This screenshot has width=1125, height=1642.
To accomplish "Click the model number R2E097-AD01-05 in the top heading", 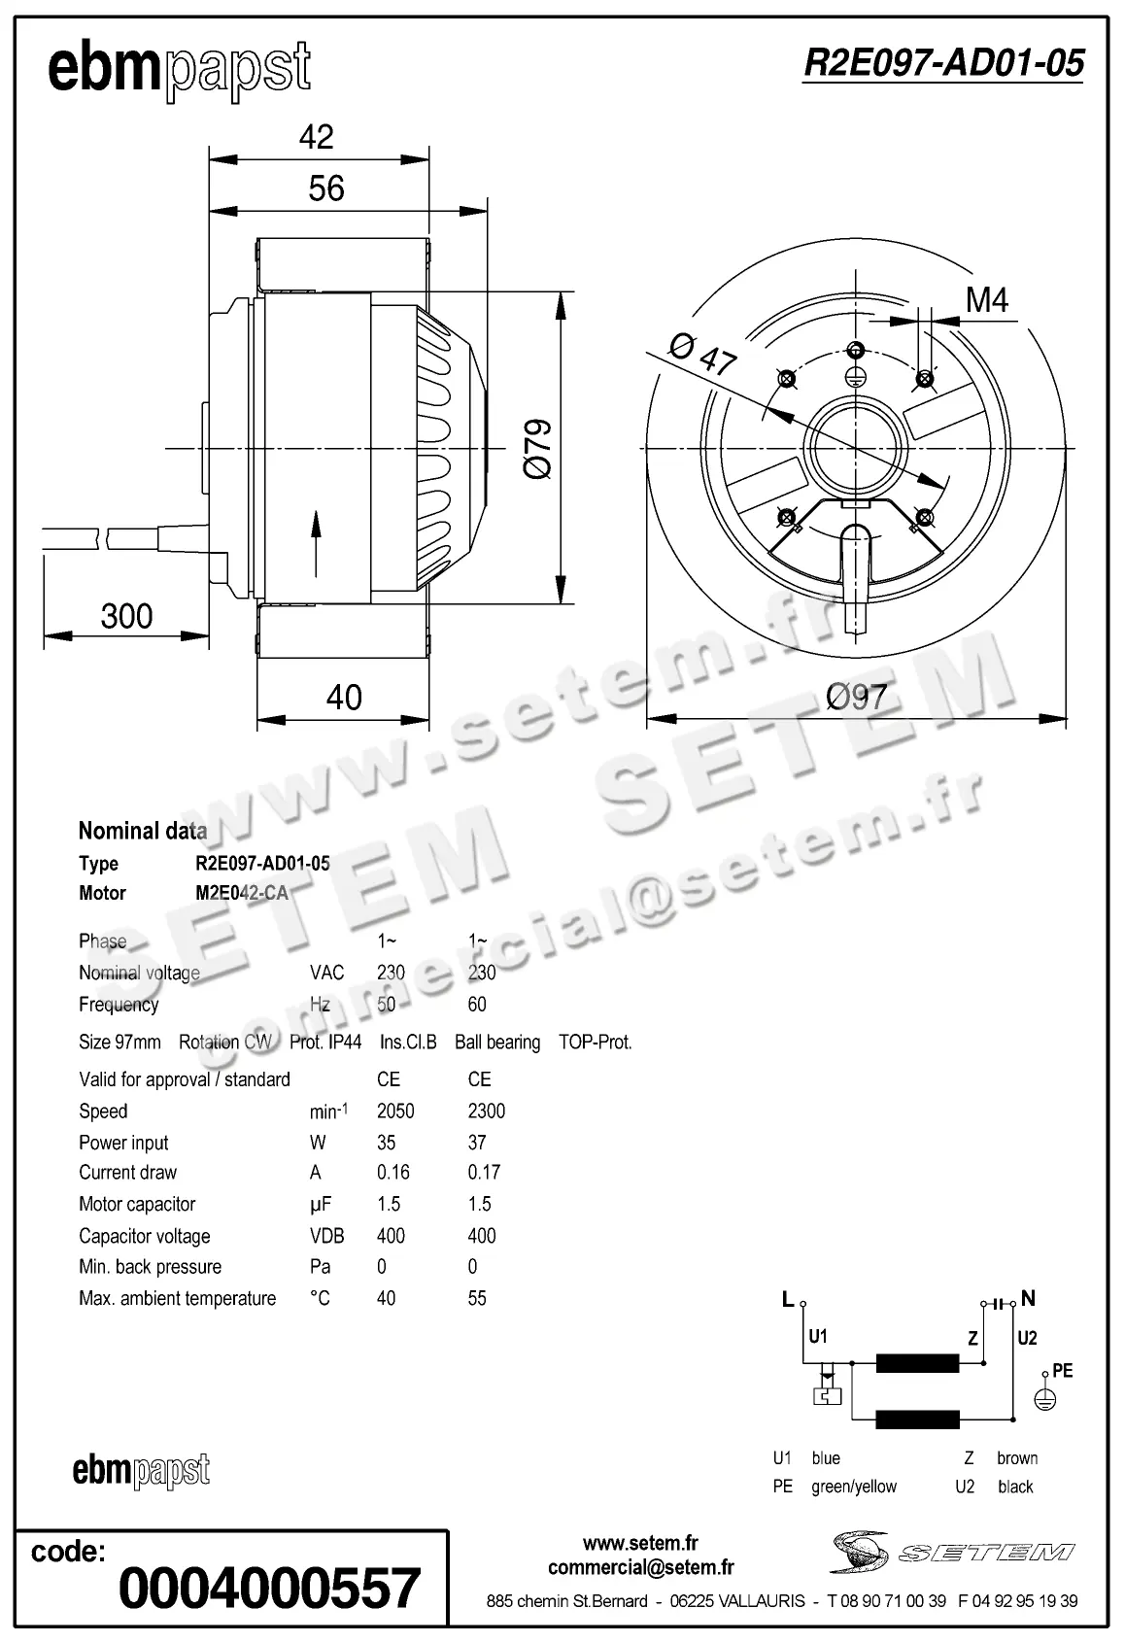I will (x=942, y=63).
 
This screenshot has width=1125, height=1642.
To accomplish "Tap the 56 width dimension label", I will (x=326, y=188).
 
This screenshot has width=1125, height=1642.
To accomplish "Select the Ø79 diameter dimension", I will (x=537, y=449).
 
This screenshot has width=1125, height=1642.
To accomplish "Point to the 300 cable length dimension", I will (x=126, y=615).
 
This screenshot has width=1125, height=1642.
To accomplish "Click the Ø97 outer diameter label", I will (x=856, y=697).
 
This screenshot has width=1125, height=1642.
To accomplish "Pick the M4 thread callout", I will (x=986, y=300).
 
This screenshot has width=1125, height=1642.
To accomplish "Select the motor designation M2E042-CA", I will (x=242, y=893).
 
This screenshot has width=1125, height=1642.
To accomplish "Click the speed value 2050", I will (x=395, y=1111).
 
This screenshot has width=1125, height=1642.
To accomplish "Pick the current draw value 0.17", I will (x=484, y=1172).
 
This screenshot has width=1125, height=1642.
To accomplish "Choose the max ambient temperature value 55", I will (x=477, y=1298).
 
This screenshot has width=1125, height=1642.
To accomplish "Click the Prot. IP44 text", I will (x=325, y=1042).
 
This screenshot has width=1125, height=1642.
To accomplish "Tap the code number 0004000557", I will (x=269, y=1588).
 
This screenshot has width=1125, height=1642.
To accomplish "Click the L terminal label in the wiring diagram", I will (x=788, y=1299).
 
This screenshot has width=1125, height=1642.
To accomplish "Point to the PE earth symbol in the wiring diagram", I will (x=1043, y=1399).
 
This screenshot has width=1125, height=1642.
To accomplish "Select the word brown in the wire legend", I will (x=1016, y=1457).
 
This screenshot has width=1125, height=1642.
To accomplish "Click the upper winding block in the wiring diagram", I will (x=917, y=1363).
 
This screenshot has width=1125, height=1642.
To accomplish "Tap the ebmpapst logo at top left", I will (x=179, y=68).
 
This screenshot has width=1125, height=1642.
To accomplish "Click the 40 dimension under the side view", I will (x=344, y=697).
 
